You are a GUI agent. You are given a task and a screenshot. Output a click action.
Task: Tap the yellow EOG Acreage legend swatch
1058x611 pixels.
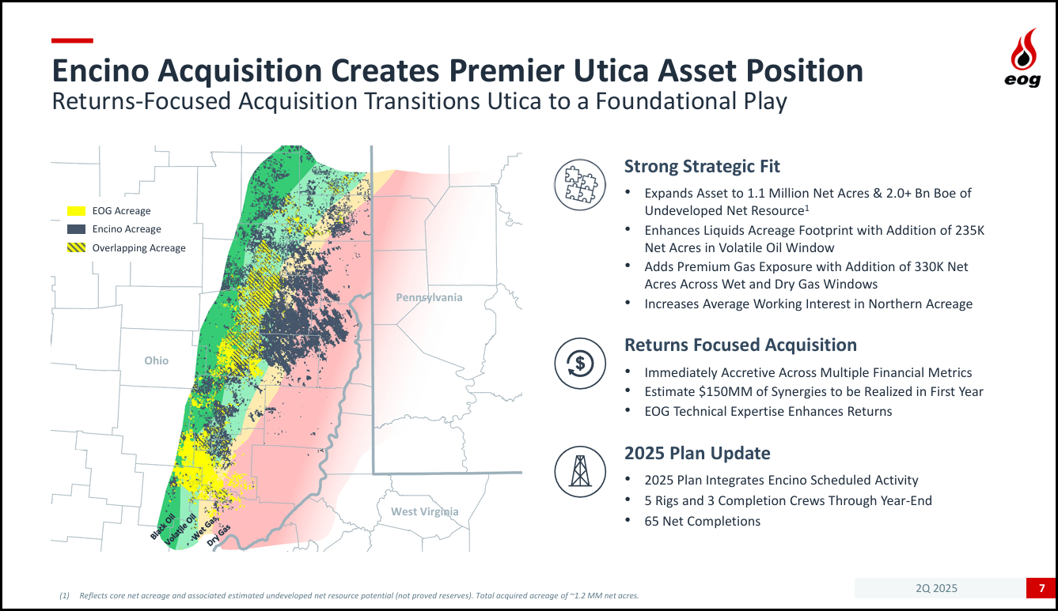click(76, 211)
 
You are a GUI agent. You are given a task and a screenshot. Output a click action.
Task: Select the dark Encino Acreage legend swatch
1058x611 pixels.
click(76, 229)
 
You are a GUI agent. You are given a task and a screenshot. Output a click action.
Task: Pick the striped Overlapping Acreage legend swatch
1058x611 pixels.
click(76, 247)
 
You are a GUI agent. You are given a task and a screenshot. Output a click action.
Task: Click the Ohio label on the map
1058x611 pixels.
click(156, 360)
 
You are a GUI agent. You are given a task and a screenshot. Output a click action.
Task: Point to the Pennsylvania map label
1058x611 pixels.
click(429, 297)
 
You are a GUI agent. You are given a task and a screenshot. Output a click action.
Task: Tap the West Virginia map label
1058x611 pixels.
click(424, 511)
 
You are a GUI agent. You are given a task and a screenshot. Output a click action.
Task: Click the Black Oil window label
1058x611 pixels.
click(163, 526)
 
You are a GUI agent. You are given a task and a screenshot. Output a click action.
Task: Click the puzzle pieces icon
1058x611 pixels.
click(579, 185)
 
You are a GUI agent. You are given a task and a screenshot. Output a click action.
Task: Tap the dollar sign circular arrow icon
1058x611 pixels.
click(579, 364)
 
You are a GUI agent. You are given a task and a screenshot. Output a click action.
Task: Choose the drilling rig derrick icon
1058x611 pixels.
click(579, 472)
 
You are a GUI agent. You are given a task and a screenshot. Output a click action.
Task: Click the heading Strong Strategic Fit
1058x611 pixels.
click(702, 166)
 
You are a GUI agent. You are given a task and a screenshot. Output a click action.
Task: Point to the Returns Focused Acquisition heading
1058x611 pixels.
click(741, 345)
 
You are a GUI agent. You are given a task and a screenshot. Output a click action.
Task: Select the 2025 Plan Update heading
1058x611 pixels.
click(697, 453)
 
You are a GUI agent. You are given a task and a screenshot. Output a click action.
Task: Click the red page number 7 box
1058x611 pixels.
click(1041, 588)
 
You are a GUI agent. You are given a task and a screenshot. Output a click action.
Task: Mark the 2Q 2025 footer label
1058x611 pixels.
click(936, 588)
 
